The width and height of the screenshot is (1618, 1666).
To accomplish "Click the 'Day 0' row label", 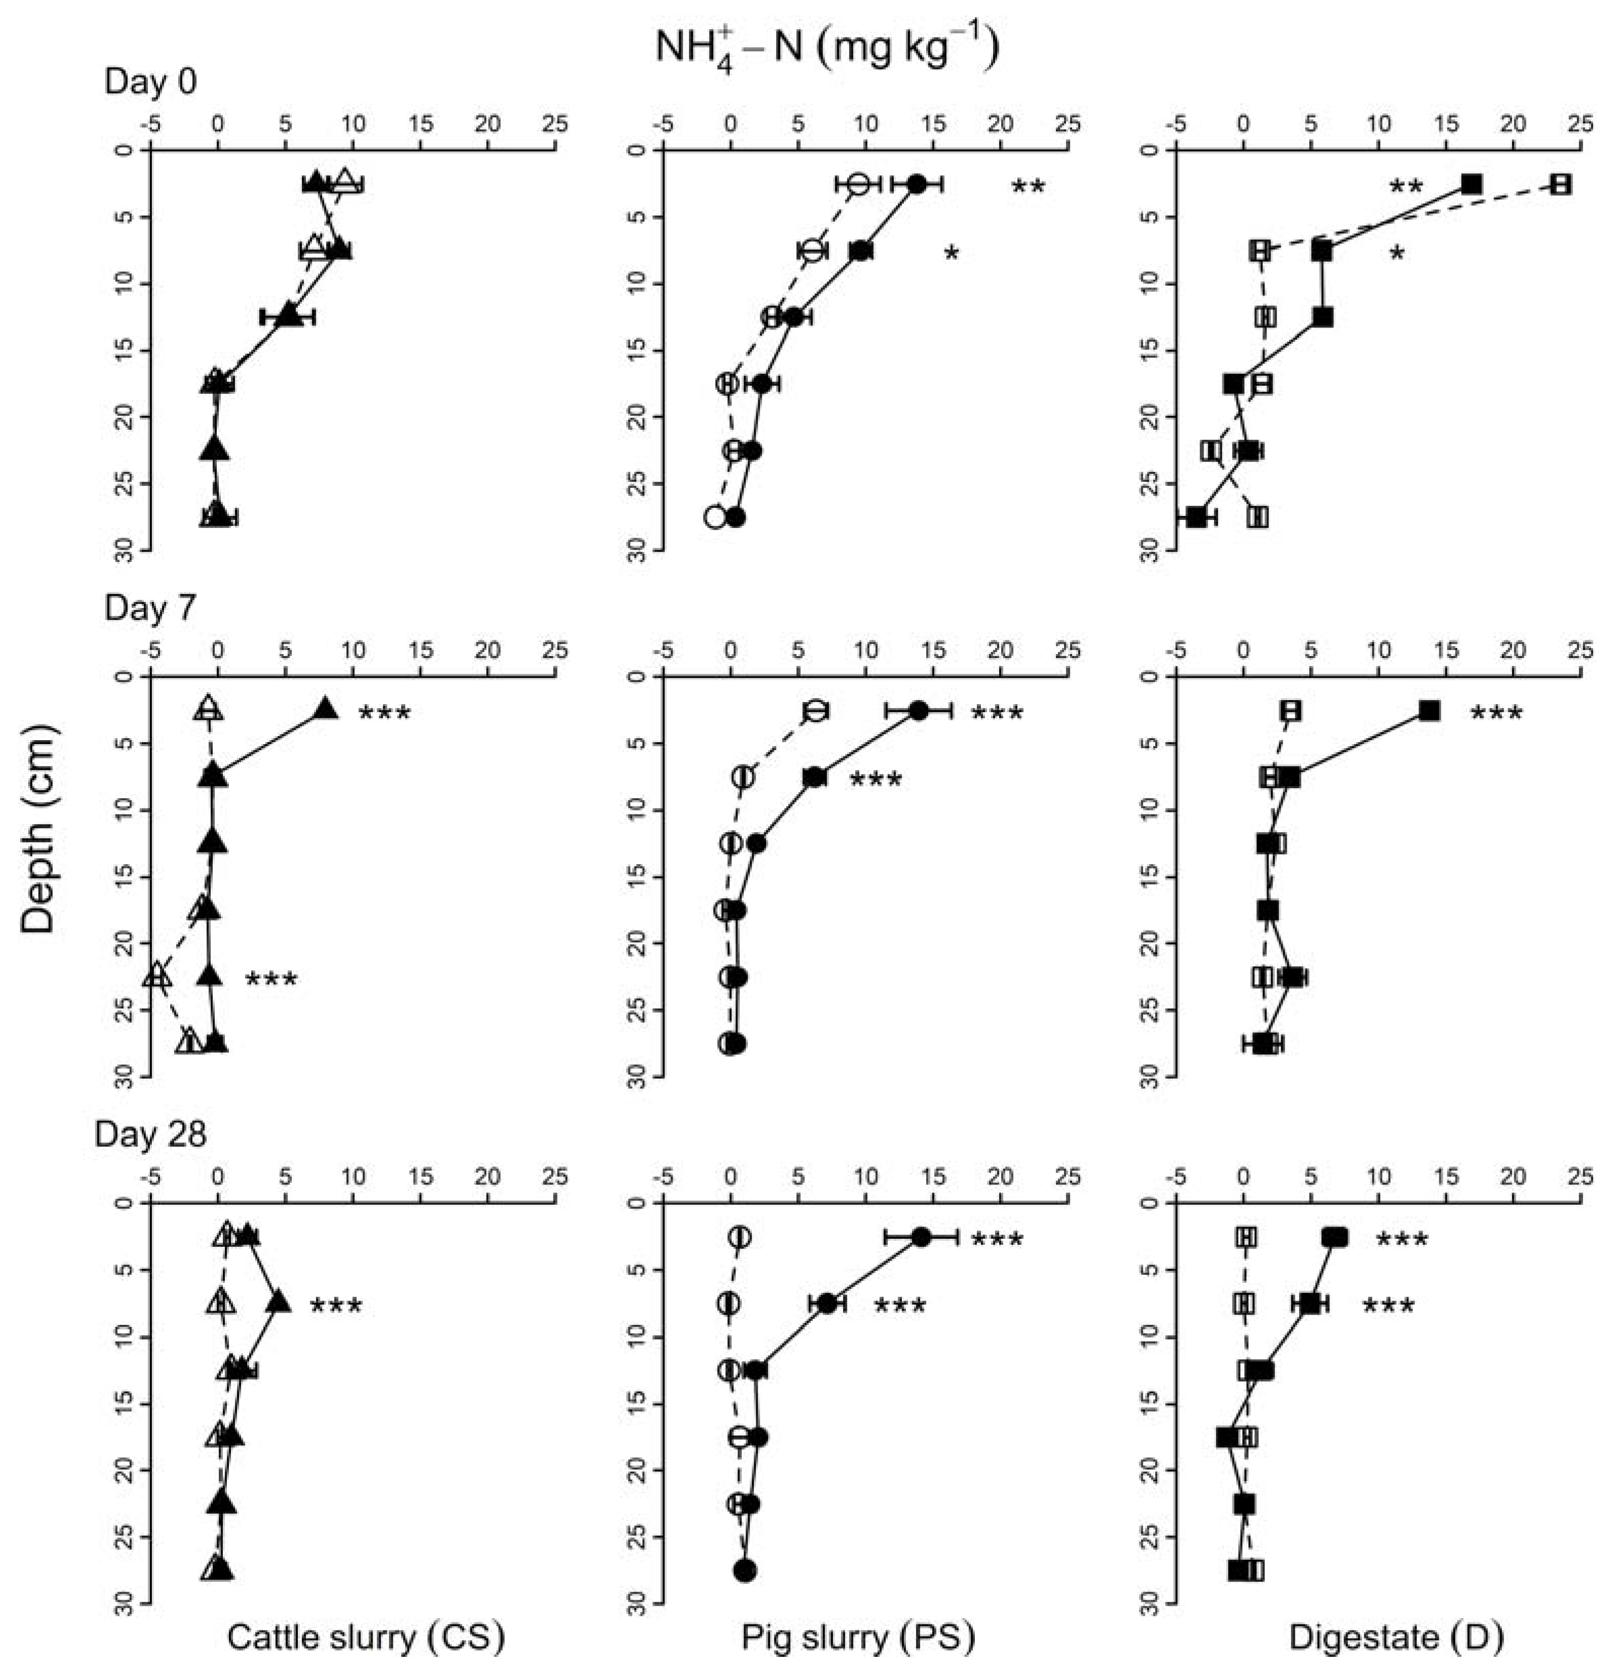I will (150, 83).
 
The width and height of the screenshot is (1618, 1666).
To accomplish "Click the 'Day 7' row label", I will (150, 608).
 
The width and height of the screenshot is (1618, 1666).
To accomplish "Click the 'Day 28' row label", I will (150, 1135).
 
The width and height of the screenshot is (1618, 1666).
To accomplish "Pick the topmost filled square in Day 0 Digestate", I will (1472, 184).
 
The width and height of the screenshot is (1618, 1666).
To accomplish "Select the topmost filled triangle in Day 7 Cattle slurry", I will (326, 711).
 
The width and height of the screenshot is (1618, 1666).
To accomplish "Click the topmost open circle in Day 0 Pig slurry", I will (859, 184).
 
